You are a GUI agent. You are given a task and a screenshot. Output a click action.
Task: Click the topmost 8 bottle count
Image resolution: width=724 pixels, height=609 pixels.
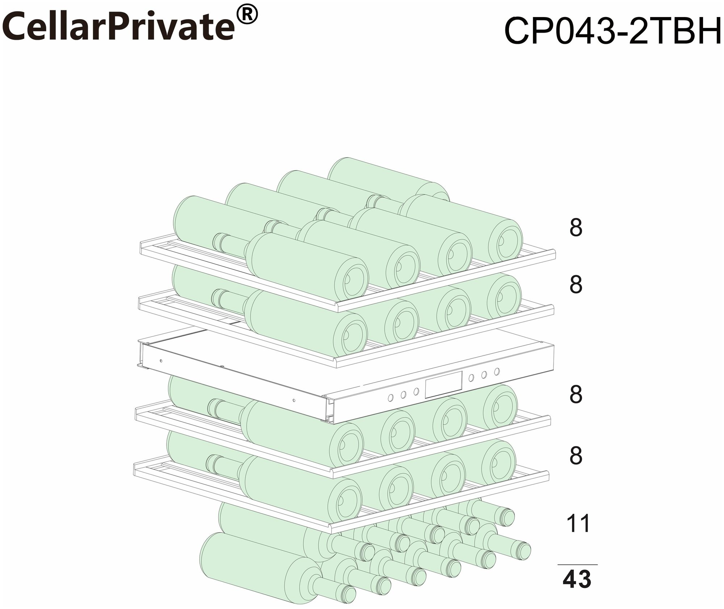[576, 228]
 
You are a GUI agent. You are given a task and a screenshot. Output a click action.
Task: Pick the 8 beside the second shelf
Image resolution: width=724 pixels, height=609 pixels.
[576, 285]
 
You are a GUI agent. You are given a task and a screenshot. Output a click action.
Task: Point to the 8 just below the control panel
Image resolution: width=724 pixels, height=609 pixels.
[576, 395]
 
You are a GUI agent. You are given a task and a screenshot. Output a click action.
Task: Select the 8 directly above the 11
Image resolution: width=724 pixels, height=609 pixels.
[576, 456]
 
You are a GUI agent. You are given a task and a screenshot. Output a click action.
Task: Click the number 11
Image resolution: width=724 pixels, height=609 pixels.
[578, 524]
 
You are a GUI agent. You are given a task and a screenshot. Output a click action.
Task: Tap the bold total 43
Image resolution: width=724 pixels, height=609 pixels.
[577, 579]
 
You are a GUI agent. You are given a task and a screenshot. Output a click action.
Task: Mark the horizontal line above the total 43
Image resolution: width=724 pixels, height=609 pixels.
[577, 564]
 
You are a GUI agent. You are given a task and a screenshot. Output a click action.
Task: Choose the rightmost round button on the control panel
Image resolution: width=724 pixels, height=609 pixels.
[497, 371]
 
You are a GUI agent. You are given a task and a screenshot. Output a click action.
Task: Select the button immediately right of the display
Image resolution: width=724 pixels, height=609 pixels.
[471, 378]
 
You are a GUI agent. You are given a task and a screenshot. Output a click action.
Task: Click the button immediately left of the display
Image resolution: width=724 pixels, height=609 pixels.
[416, 391]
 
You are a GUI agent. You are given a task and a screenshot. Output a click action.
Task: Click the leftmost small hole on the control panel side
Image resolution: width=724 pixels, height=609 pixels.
[161, 361]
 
